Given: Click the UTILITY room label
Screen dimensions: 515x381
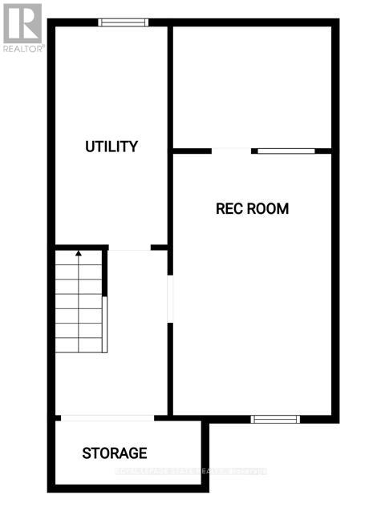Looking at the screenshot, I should click(x=111, y=147).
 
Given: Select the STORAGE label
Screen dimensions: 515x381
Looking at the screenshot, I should click(x=115, y=453).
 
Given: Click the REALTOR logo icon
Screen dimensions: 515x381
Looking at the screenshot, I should click(x=22, y=23).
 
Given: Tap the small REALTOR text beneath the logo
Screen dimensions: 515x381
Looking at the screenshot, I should click(x=22, y=49).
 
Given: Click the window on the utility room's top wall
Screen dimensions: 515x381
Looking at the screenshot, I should click(x=123, y=22).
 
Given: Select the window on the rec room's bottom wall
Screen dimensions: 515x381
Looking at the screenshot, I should click(x=275, y=418).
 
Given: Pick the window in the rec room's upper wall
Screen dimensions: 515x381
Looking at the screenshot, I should click(x=286, y=150).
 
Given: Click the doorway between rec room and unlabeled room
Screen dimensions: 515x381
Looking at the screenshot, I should click(x=232, y=150).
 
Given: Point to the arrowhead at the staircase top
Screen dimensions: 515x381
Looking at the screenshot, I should click(x=79, y=254).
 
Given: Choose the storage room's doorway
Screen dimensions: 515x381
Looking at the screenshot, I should click(x=107, y=417).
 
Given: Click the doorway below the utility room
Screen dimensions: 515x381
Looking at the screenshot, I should click(x=129, y=248).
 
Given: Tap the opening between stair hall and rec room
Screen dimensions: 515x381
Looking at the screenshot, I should click(x=169, y=300).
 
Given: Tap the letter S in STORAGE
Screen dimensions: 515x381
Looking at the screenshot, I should click(x=87, y=453).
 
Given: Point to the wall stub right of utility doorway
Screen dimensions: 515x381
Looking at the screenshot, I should click(x=160, y=247).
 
